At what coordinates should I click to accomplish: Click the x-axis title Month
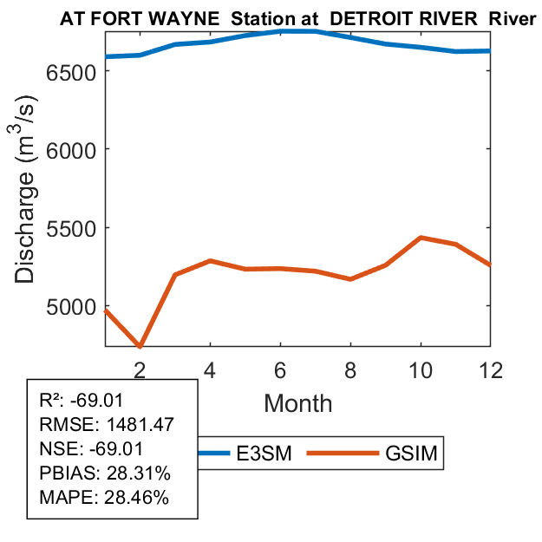297,403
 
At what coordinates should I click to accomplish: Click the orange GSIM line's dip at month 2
140,346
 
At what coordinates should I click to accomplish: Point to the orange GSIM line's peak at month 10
420,238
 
